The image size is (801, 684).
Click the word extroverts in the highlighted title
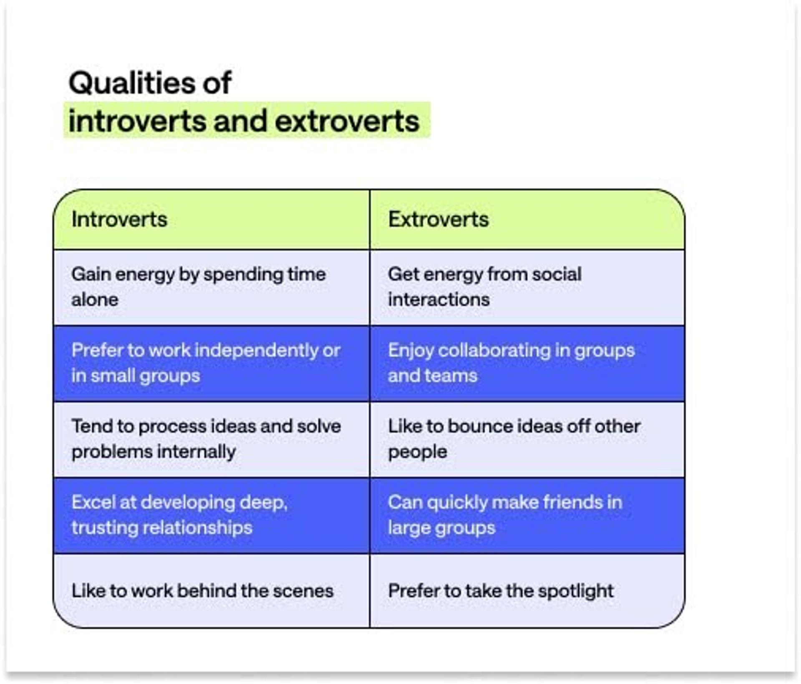click(347, 121)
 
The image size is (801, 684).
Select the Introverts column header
click(119, 220)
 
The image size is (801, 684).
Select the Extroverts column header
click(438, 220)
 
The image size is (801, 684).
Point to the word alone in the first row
click(95, 300)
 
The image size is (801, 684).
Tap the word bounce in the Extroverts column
click(474, 426)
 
